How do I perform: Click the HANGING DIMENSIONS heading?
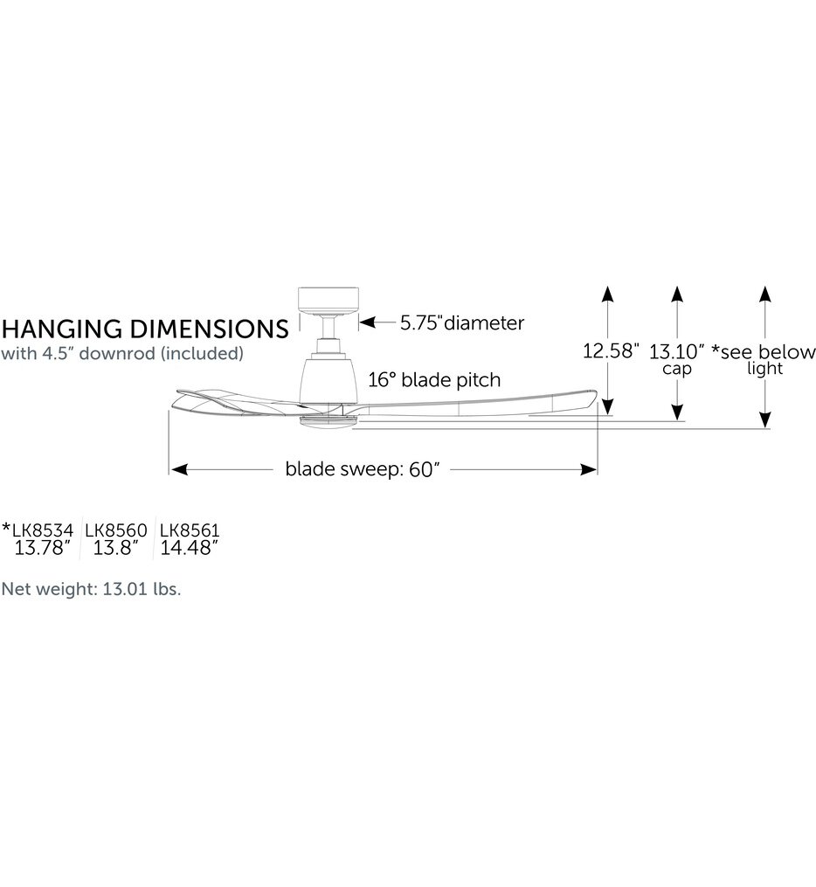pyautogui.click(x=145, y=329)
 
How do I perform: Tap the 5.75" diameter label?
pyautogui.click(x=462, y=323)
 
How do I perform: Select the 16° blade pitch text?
pyautogui.click(x=434, y=379)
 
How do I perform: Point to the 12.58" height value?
pyautogui.click(x=611, y=350)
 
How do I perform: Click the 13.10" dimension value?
pyautogui.click(x=676, y=351)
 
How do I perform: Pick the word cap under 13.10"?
pyautogui.click(x=677, y=369)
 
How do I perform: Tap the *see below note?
pyautogui.click(x=764, y=351)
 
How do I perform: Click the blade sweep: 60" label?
pyautogui.click(x=362, y=469)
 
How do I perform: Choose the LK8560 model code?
pyautogui.click(x=116, y=530)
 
